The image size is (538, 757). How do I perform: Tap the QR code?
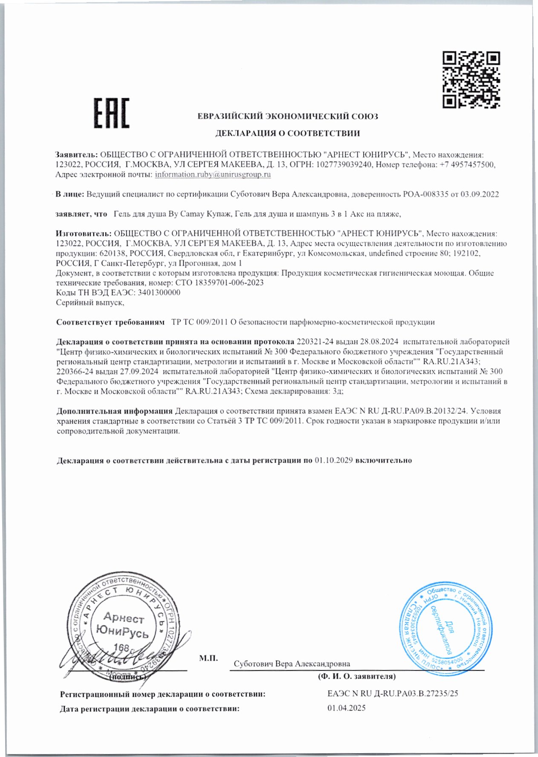pos(471,79)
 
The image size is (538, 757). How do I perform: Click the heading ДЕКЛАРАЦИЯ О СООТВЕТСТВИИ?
pos(287,134)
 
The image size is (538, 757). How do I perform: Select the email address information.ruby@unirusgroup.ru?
pos(213,175)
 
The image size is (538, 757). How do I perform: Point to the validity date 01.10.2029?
pos(333,460)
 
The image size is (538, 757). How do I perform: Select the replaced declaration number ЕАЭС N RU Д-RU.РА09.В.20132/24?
pos(401,411)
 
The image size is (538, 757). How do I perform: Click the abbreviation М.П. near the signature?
pos(208,658)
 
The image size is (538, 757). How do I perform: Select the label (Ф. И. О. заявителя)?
pos(356,676)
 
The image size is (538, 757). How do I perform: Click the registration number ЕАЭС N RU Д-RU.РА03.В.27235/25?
pos(393,693)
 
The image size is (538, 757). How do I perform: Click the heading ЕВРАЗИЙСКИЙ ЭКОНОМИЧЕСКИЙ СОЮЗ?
pos(288,116)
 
